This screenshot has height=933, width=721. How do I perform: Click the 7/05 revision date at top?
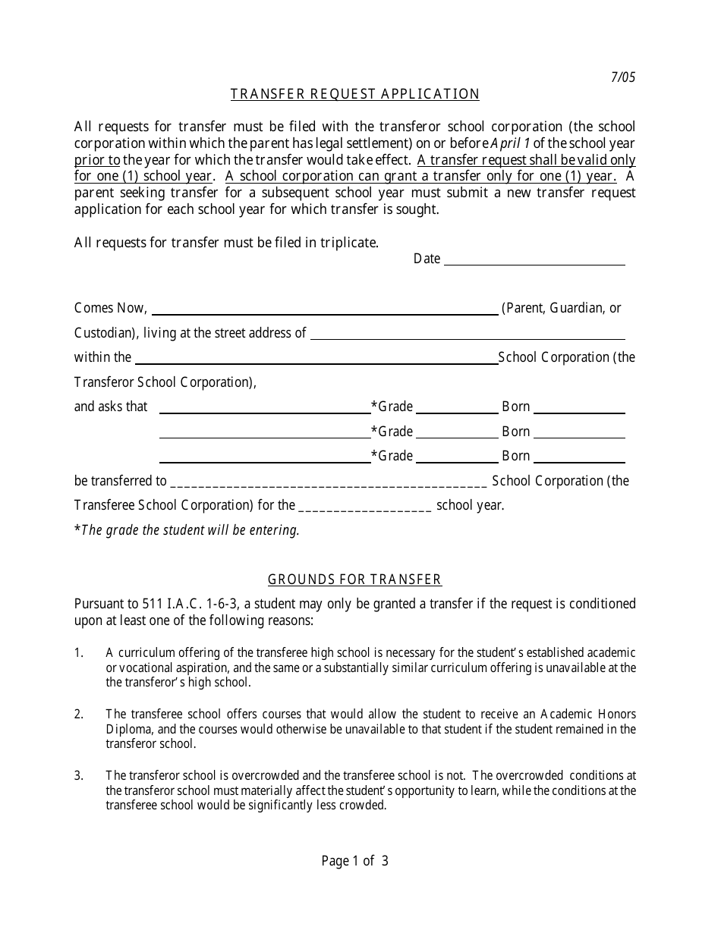point(623,77)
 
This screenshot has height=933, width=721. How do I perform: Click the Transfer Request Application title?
point(355,94)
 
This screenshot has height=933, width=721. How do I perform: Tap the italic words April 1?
point(511,143)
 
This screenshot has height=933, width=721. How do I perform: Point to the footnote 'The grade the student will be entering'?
point(189,530)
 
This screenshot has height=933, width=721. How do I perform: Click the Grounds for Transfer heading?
point(354,580)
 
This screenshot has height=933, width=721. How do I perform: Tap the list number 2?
point(78,714)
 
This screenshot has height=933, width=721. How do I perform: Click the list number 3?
point(78,775)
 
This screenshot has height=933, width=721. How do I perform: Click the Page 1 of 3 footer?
point(355,861)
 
